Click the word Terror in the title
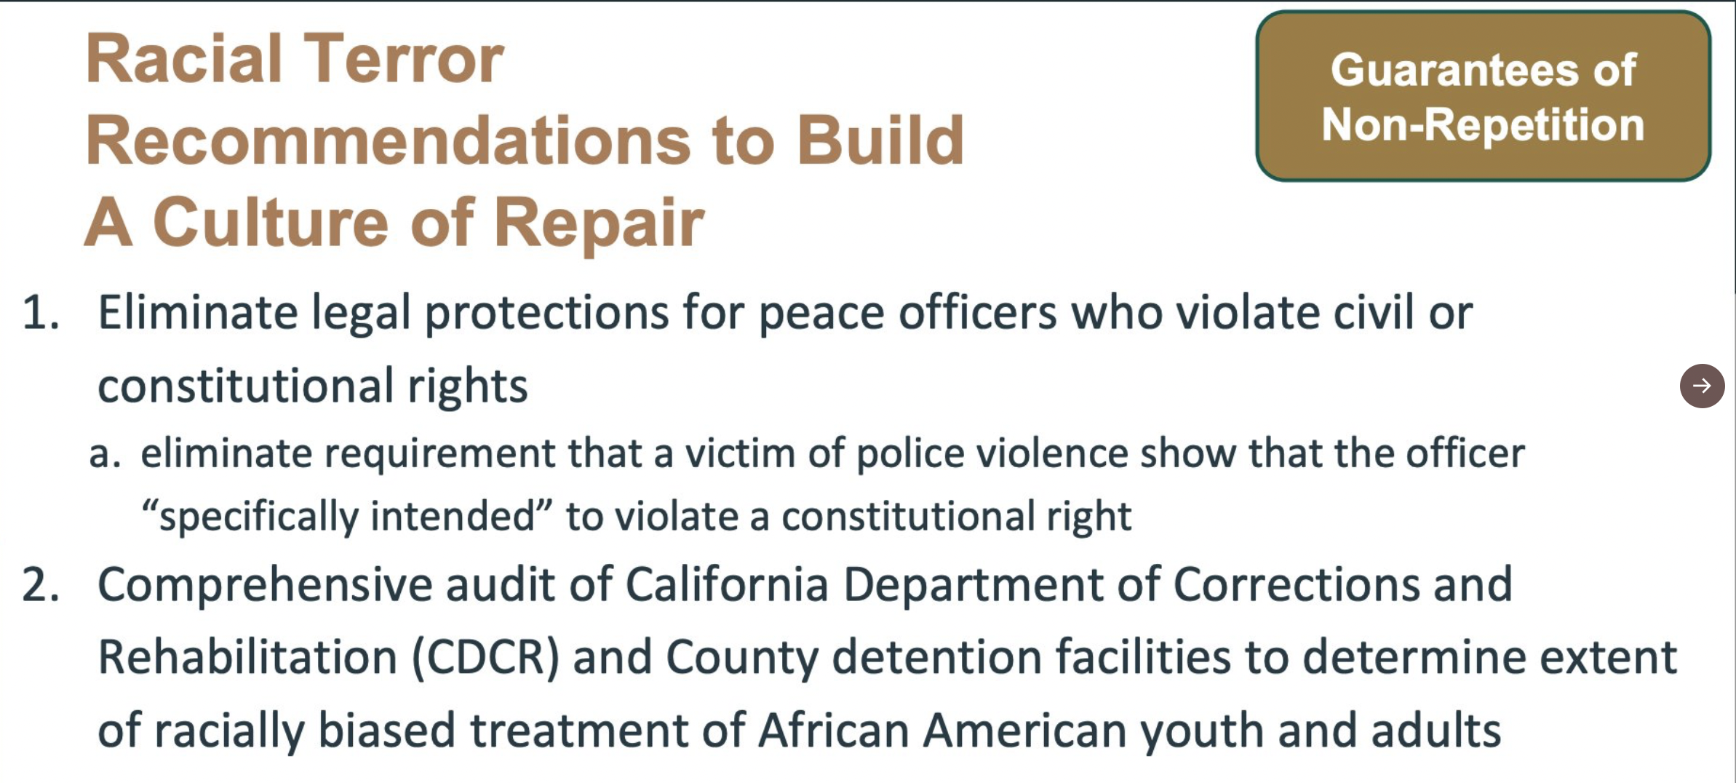tap(403, 59)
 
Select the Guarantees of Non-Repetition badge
tap(1483, 96)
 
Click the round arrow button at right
tap(1702, 386)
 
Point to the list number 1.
tap(40, 313)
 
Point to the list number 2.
tap(40, 584)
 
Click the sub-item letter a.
tap(105, 454)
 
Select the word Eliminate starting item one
tap(198, 312)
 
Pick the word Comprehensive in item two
tap(265, 585)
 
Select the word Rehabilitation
tap(247, 657)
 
